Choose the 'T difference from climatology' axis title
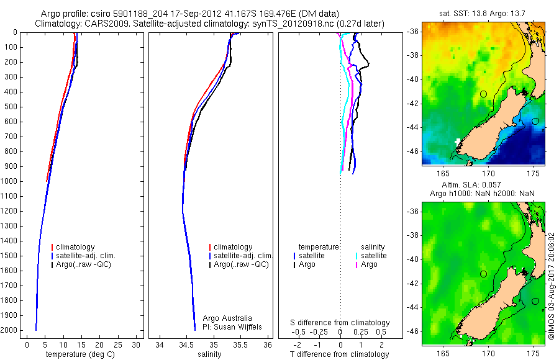tap(340, 354)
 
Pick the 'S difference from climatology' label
tap(340, 323)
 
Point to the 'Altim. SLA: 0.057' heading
tap(483, 186)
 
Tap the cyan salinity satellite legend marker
tap(358, 256)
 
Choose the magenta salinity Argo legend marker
tap(358, 265)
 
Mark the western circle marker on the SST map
tap(483, 94)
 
